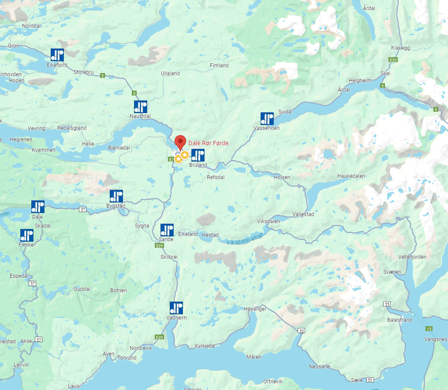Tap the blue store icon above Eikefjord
tap(57, 55)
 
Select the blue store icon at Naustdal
tap(141, 107)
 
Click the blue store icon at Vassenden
tap(267, 118)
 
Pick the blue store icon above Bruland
tap(198, 155)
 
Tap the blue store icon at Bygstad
tap(116, 196)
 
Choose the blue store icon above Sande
tap(167, 230)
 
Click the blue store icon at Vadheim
tap(176, 308)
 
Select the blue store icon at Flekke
tap(27, 235)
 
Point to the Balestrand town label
tap(399, 320)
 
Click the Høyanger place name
tap(255, 309)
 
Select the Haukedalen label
tap(351, 176)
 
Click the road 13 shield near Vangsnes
tap(429, 329)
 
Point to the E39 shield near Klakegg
tap(393, 59)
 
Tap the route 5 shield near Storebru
tap(102, 76)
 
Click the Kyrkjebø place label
tap(205, 346)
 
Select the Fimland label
tap(219, 66)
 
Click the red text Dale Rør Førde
tap(209, 143)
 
